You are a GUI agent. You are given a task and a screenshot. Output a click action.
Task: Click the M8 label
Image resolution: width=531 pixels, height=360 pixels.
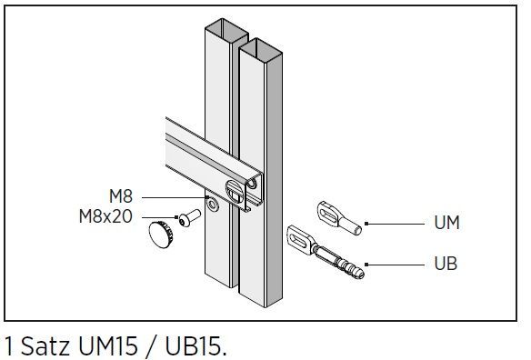(121, 196)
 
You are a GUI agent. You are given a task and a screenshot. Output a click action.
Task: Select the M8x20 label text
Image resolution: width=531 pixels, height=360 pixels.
(105, 216)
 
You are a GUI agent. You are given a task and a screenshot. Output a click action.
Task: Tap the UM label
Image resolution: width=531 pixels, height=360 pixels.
(446, 223)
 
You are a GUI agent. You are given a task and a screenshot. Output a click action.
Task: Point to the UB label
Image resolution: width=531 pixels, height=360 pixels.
(446, 264)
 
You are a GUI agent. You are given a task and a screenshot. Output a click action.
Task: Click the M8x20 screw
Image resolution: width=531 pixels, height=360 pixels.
(189, 218)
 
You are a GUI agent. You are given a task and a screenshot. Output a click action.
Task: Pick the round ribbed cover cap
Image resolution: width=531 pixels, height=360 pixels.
(161, 235)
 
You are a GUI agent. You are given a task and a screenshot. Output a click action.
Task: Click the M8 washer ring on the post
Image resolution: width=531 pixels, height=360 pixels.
(213, 205)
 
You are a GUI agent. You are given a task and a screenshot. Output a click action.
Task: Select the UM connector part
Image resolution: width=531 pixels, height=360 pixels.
(339, 218)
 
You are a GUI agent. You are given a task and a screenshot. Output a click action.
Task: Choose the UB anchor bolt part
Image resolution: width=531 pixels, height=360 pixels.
(326, 252)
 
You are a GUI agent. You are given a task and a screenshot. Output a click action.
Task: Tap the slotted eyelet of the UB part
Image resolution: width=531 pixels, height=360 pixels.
(301, 240)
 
